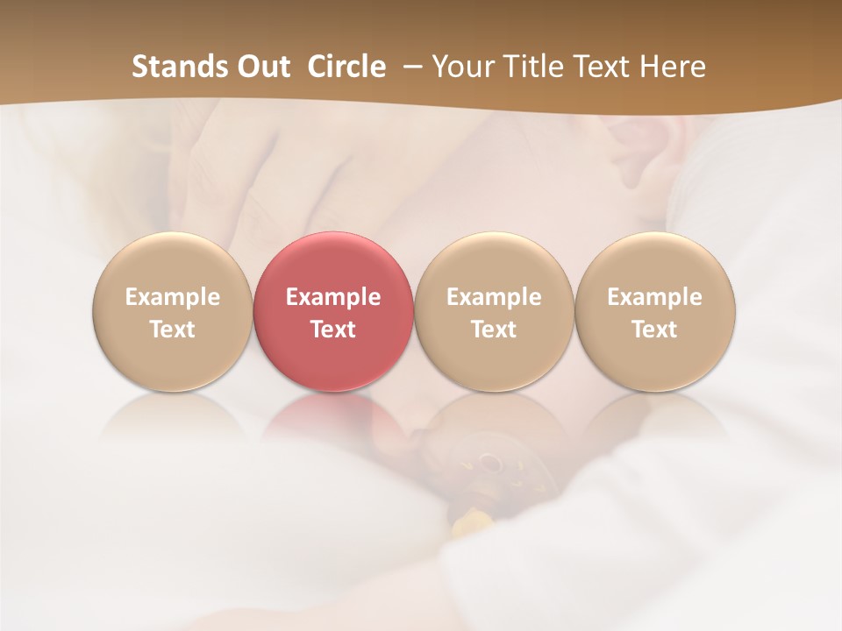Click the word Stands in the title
(178, 67)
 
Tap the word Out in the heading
(262, 67)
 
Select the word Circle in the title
(346, 67)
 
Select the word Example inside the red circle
(333, 297)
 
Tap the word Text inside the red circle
(333, 330)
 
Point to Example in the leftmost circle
(172, 297)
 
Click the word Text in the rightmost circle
(655, 330)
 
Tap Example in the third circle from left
(494, 297)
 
